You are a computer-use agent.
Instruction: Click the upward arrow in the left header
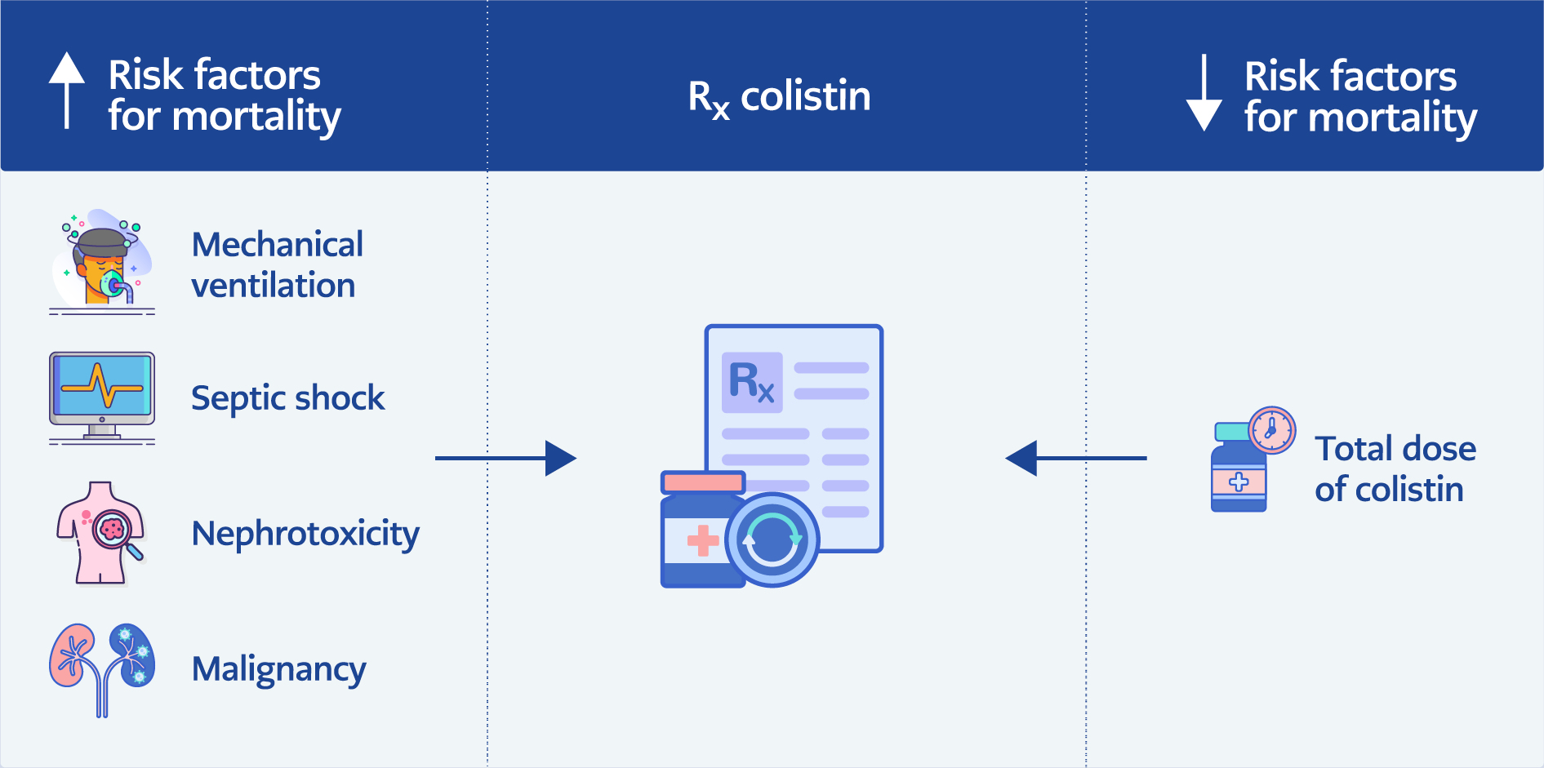coord(67,90)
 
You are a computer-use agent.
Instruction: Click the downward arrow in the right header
coord(1204,94)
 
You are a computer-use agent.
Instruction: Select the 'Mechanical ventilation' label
coord(277,265)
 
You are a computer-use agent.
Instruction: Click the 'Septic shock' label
coord(287,398)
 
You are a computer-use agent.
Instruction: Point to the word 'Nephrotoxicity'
coord(305,534)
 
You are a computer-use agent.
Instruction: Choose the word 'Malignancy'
coord(278,669)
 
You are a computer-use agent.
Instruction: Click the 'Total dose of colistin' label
coord(1395,469)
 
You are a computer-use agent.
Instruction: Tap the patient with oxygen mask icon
coord(102,260)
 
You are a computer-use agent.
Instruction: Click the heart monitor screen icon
coord(102,390)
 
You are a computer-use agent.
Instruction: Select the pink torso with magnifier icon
coord(100,533)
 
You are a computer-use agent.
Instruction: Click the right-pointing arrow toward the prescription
coord(506,458)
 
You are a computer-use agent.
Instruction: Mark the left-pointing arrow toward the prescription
coord(1075,458)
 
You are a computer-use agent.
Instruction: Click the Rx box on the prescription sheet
coord(752,382)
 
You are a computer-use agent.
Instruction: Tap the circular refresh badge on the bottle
coord(772,539)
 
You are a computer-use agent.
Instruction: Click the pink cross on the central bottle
coord(702,540)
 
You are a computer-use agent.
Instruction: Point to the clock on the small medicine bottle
coord(1271,429)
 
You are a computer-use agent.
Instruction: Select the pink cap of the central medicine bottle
coord(703,482)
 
